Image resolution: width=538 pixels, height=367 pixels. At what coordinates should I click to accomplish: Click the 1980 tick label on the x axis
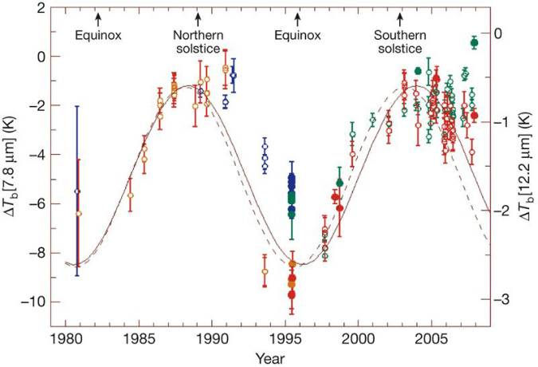coord(66,337)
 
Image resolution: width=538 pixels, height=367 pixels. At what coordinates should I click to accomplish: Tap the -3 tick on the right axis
coord(501,298)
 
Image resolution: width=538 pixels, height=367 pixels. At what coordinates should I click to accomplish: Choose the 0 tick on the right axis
coord(499,34)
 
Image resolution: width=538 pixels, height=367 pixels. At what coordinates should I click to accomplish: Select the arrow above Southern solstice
coord(400,17)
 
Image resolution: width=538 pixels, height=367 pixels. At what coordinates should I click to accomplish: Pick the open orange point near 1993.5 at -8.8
coord(265,272)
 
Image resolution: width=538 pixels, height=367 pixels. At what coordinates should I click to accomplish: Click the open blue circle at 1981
coord(77,191)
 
